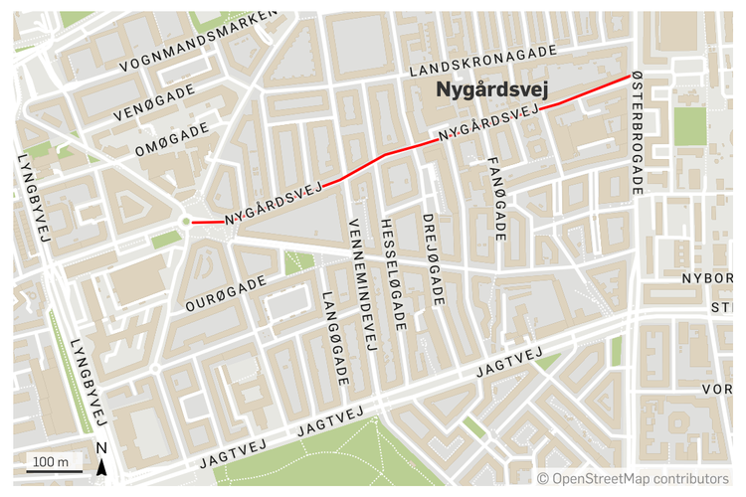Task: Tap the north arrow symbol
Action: point(101,467)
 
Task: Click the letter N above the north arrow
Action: point(101,448)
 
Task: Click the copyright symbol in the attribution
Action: point(543,478)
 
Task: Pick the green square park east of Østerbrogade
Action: point(689,126)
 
